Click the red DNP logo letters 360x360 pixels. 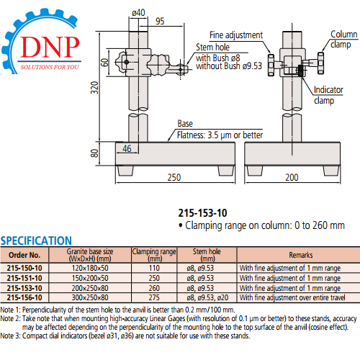click(50, 47)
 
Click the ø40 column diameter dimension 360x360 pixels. click(138, 12)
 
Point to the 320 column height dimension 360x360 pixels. click(95, 88)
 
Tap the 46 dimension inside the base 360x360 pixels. click(127, 148)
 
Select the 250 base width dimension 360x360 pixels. click(174, 177)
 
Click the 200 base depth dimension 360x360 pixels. click(292, 177)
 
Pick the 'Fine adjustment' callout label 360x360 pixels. click(236, 35)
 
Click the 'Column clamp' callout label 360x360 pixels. click(343, 40)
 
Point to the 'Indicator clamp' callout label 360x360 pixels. click(328, 95)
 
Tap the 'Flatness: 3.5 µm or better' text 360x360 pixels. click(220, 135)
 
